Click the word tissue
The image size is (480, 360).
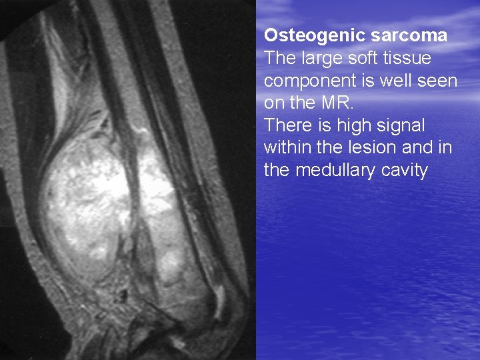[407, 59]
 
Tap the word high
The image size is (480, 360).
[351, 126]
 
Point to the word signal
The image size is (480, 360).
[401, 126]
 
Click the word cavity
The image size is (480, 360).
[404, 171]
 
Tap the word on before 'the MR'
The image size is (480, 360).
[274, 103]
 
